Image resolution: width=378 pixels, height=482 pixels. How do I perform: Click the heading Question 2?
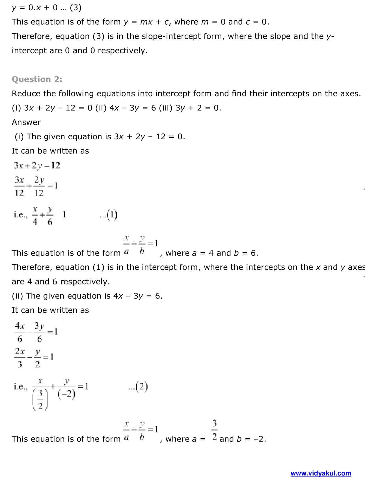[37, 79]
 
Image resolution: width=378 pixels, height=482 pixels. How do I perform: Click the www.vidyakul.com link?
[321, 473]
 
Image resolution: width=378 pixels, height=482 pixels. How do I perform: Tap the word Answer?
[26, 122]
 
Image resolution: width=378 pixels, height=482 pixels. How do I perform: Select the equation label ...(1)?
[109, 215]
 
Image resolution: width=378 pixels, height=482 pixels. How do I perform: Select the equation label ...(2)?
[138, 386]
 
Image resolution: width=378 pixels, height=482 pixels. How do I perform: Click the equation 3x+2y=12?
[37, 165]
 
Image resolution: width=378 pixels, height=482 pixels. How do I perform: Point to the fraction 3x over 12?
[19, 186]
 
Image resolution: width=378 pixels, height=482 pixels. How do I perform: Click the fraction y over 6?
[50, 216]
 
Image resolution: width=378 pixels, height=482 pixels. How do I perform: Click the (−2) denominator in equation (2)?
[67, 394]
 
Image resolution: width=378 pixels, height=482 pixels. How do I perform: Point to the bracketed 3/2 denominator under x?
[40, 399]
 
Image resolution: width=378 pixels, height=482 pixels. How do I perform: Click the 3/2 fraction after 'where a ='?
[215, 430]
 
